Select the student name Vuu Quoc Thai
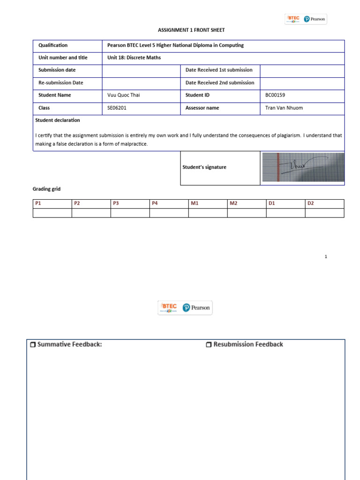(x=124, y=95)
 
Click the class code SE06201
(x=117, y=108)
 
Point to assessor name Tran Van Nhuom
(x=284, y=108)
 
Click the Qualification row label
(x=52, y=45)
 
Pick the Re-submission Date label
(x=60, y=82)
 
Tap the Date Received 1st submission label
(x=219, y=70)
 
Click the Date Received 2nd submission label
(x=220, y=82)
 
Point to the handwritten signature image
(x=302, y=168)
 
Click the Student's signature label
(x=204, y=167)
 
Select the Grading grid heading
(x=46, y=189)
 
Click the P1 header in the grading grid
(x=38, y=203)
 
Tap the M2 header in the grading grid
(x=233, y=203)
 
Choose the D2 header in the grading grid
(x=311, y=203)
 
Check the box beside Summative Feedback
(x=32, y=345)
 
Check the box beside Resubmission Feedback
(x=209, y=345)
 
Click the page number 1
(x=326, y=256)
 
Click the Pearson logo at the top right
(x=315, y=19)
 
